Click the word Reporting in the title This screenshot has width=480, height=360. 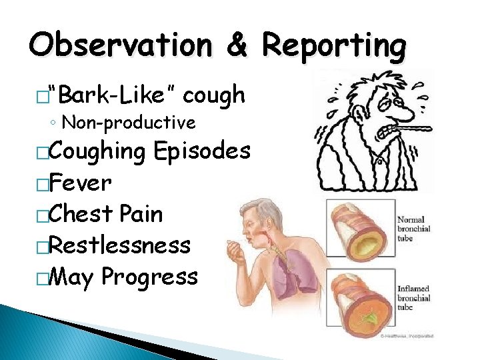click(333, 46)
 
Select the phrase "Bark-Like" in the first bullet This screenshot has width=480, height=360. click(117, 96)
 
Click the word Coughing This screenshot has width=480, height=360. click(97, 151)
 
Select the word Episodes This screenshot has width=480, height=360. click(202, 151)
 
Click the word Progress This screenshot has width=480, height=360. click(149, 277)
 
